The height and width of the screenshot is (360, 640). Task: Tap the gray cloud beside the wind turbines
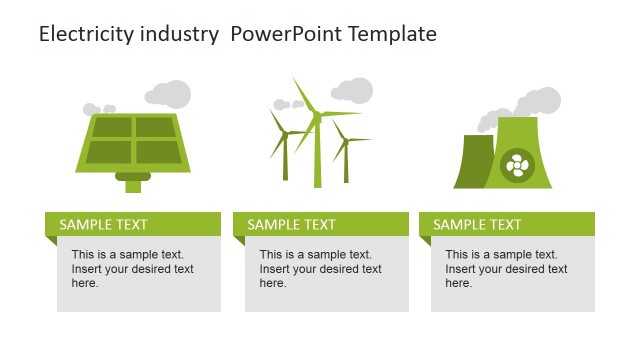[x=352, y=90]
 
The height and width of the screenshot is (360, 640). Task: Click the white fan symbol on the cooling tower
[x=517, y=165]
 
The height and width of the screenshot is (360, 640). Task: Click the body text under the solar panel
[x=133, y=269]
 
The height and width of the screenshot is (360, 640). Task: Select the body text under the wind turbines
[x=321, y=269]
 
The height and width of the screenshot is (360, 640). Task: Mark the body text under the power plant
[x=507, y=269]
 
